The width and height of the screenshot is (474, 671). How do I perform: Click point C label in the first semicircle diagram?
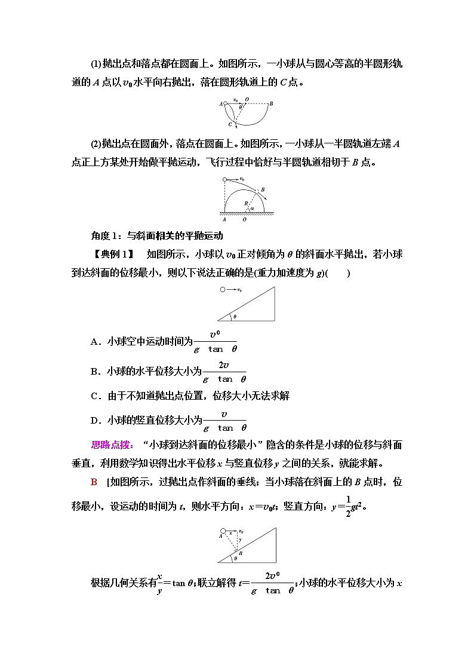229,124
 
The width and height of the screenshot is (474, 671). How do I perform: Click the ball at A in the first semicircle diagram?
225,103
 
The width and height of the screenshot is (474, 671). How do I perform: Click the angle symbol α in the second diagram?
252,209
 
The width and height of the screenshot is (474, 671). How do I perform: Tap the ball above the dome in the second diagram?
224,179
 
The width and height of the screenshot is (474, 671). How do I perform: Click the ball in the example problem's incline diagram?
223,290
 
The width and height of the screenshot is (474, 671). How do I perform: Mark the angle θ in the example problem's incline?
235,317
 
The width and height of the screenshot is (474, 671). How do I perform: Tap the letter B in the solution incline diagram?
241,553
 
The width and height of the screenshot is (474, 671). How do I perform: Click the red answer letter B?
94,482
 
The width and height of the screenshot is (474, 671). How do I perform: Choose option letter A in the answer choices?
94,342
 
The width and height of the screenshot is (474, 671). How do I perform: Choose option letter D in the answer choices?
94,421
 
